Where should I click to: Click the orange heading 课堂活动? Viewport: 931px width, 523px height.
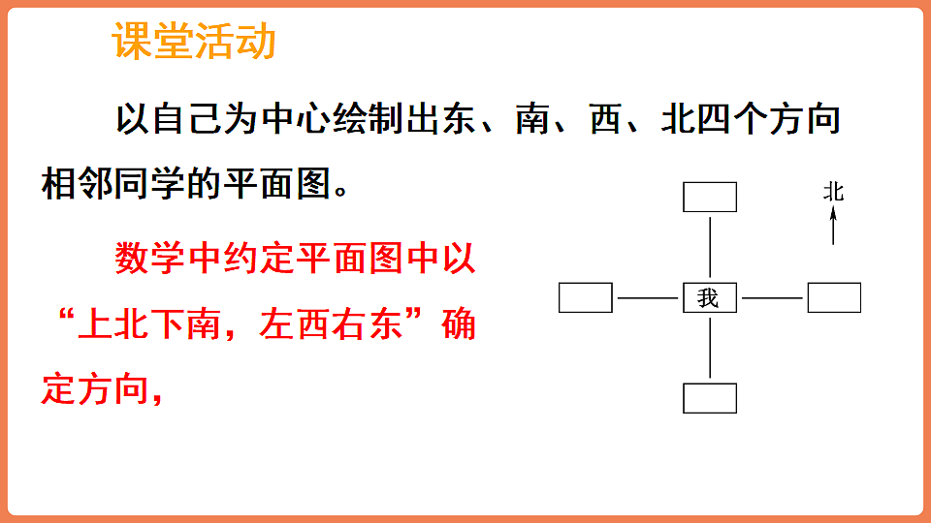click(x=195, y=42)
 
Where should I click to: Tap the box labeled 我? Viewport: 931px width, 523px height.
click(x=709, y=298)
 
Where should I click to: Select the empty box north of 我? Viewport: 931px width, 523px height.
click(x=710, y=197)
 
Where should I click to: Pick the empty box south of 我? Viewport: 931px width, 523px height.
click(x=710, y=398)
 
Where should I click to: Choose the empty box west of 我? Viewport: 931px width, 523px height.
click(x=586, y=298)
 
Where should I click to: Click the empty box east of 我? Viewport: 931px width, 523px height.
click(x=834, y=298)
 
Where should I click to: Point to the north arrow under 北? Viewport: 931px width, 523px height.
click(x=833, y=228)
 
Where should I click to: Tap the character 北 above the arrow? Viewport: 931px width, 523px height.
click(x=833, y=192)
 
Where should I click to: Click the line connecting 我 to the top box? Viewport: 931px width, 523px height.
click(x=710, y=247)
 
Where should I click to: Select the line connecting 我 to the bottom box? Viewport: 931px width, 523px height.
click(x=710, y=347)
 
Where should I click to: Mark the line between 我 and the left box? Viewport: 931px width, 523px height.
click(x=647, y=298)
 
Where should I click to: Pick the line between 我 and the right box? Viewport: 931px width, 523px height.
click(x=771, y=298)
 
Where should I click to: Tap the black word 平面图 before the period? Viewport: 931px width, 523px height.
click(x=284, y=183)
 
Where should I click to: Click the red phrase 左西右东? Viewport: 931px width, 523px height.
click(x=332, y=324)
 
